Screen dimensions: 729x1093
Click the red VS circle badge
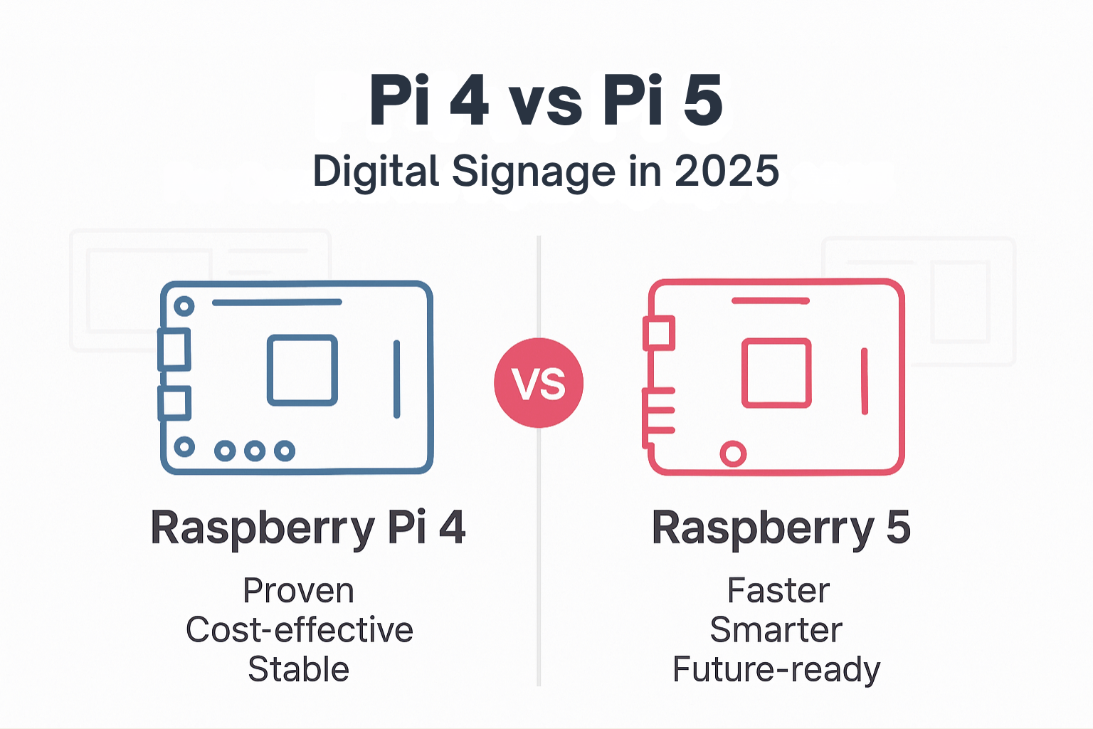pyautogui.click(x=539, y=383)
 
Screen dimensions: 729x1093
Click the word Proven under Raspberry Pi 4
pyautogui.click(x=298, y=591)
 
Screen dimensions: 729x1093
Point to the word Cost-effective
pyautogui.click(x=299, y=630)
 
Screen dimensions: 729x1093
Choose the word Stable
pyautogui.click(x=298, y=669)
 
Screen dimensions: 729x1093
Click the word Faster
pyautogui.click(x=778, y=591)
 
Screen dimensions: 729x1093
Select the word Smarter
pyautogui.click(x=776, y=630)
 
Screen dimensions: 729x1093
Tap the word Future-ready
pyautogui.click(x=776, y=670)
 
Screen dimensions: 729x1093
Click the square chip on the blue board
pyautogui.click(x=302, y=370)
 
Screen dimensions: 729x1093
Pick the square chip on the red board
pyautogui.click(x=776, y=373)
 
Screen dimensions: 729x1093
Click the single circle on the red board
pyautogui.click(x=733, y=453)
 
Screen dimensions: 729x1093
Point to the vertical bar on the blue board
pyautogui.click(x=396, y=379)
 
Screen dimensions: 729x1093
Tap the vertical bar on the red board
pyautogui.click(x=865, y=381)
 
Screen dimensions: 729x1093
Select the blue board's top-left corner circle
pyautogui.click(x=184, y=306)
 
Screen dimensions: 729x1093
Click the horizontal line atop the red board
pyautogui.click(x=771, y=300)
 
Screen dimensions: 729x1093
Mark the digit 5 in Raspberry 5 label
pyautogui.click(x=898, y=528)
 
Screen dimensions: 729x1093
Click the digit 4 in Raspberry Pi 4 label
pyautogui.click(x=452, y=528)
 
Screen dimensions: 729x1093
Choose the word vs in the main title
pyautogui.click(x=546, y=104)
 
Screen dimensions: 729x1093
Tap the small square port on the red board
pyautogui.click(x=658, y=333)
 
